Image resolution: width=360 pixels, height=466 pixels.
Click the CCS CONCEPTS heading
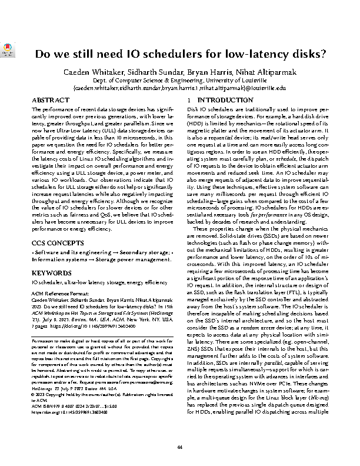[x=55, y=242]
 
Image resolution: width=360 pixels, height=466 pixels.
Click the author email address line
[x=179, y=87]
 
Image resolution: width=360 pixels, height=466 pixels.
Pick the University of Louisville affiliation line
[x=179, y=79]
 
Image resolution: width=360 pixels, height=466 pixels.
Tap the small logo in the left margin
[x=5, y=51]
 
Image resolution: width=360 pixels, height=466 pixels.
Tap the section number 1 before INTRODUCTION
[x=188, y=101]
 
